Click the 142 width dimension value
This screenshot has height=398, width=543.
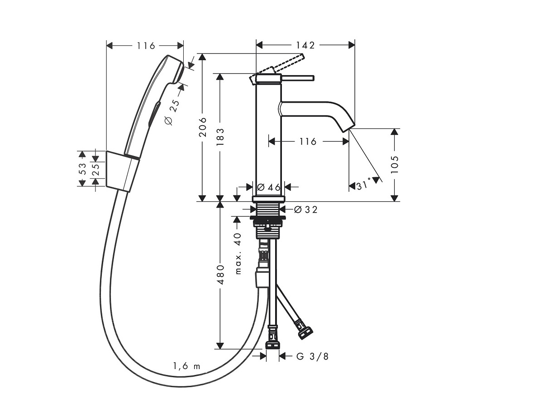[305, 45]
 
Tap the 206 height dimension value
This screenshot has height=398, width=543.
[202, 127]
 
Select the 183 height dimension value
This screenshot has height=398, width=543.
[220, 137]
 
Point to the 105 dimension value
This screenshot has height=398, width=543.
[395, 165]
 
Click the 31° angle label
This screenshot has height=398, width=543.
[364, 185]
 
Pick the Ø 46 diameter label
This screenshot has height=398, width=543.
[269, 187]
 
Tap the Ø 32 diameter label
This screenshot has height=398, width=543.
[306, 210]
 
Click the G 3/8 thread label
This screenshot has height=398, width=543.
[313, 356]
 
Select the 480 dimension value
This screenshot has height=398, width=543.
[220, 275]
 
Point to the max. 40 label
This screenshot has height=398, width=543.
[238, 253]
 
